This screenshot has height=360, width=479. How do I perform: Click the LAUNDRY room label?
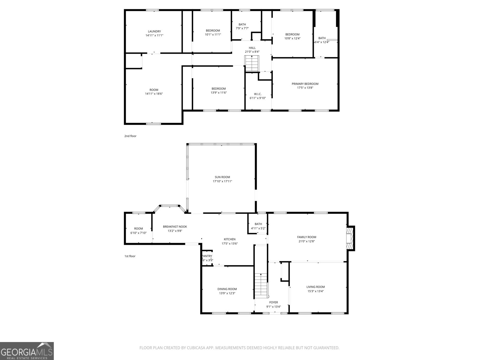tap(154, 31)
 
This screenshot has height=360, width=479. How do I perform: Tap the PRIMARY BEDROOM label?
tap(305, 84)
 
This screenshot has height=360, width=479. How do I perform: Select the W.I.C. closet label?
tap(257, 94)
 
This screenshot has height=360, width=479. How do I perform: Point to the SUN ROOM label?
tap(222, 177)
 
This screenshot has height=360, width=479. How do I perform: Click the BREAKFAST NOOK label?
tap(175, 227)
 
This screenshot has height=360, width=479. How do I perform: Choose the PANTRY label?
tap(207, 256)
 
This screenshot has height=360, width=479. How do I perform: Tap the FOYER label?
tap(273, 302)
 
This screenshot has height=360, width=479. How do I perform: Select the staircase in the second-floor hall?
tap(251, 64)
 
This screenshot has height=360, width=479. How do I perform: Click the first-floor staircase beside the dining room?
tap(261, 285)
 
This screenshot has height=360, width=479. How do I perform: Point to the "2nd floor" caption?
tap(130, 136)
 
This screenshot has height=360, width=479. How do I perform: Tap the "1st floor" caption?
tap(130, 256)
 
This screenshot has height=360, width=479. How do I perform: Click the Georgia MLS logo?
tap(27, 351)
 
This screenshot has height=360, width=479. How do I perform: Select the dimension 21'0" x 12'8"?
tap(307, 241)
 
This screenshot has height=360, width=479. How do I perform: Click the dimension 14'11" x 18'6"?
tap(154, 94)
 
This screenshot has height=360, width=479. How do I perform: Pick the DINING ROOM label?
tap(227, 289)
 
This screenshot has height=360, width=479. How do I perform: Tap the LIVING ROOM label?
tap(316, 287)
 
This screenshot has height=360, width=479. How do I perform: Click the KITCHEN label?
tap(230, 239)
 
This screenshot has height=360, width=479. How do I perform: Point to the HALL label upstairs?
tap(252, 48)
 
